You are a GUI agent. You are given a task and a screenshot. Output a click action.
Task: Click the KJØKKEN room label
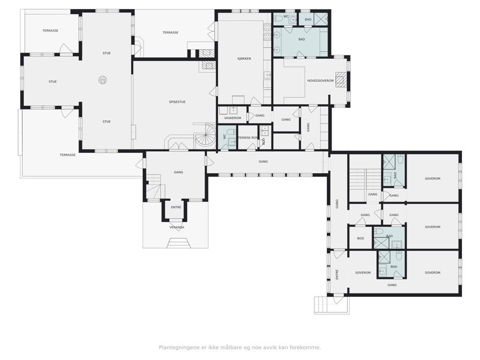pyautogui.click(x=245, y=59)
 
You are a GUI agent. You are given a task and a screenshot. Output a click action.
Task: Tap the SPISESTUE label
pyautogui.click(x=177, y=102)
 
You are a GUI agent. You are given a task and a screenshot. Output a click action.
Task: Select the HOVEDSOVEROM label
pyautogui.click(x=321, y=81)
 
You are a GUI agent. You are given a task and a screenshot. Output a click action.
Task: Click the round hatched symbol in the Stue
pyautogui.click(x=103, y=80)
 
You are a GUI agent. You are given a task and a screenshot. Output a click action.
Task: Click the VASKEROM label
pyautogui.click(x=233, y=118)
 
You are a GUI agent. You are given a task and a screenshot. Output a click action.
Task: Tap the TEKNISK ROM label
pyautogui.click(x=248, y=138)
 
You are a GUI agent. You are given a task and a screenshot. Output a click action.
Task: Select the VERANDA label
pyautogui.click(x=177, y=227)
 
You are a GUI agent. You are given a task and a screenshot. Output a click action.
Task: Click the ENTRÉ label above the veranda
pyautogui.click(x=176, y=208)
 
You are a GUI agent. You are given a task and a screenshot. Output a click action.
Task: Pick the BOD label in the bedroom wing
pyautogui.click(x=361, y=238)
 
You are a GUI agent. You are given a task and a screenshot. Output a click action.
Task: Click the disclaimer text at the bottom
pyautogui.click(x=239, y=348)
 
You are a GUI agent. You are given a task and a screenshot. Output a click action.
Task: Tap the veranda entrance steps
pyautogui.click(x=177, y=243)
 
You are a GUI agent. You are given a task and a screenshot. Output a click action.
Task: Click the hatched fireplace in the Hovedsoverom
pyautogui.click(x=341, y=80)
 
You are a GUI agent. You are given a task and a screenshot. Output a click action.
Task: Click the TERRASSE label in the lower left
pyautogui.click(x=68, y=155)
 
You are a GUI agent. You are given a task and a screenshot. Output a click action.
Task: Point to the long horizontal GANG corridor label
pyautogui.click(x=263, y=161)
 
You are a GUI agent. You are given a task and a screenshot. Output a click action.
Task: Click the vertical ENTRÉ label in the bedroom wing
pyautogui.click(x=337, y=274)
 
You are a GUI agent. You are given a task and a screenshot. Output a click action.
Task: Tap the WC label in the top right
pyautogui.click(x=286, y=16)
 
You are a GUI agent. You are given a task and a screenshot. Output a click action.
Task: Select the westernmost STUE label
pyautogui.click(x=53, y=82)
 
